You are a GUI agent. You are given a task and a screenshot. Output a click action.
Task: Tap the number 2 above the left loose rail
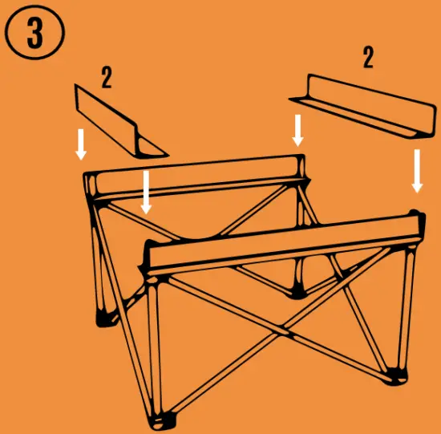pyautogui.click(x=106, y=77)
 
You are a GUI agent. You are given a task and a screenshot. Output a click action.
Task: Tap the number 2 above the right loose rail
pyautogui.click(x=368, y=58)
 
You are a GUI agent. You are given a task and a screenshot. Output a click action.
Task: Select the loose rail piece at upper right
pyautogui.click(x=361, y=104)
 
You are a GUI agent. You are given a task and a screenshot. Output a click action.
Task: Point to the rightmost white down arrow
pyautogui.click(x=417, y=171)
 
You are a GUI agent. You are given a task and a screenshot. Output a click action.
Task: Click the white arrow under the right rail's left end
pyautogui.click(x=298, y=130)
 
